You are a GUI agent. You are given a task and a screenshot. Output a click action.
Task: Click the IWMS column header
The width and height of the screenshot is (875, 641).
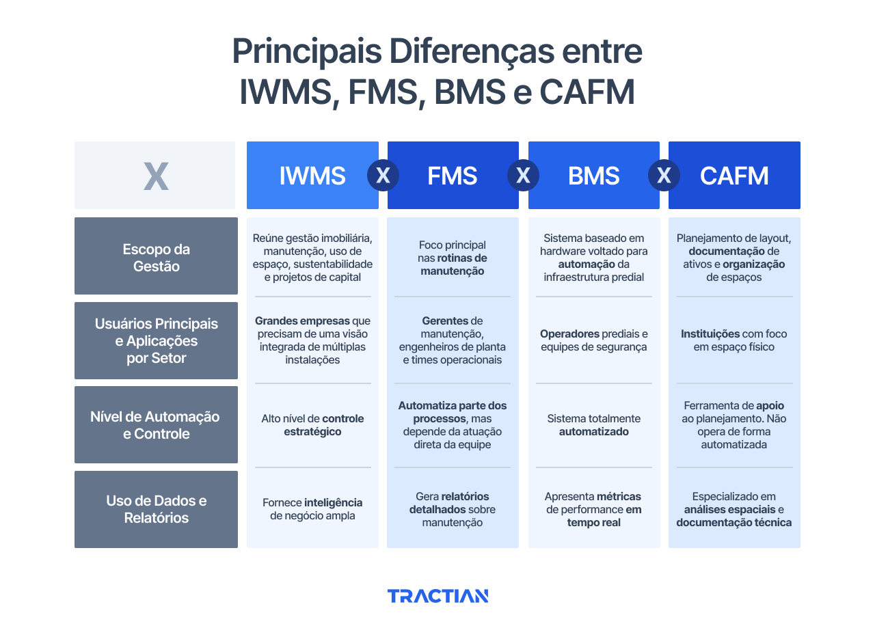coord(312,176)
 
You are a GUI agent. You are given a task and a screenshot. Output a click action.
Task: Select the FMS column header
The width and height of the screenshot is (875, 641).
coord(452,176)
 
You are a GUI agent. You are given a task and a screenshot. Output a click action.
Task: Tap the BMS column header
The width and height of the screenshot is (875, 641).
coord(593,176)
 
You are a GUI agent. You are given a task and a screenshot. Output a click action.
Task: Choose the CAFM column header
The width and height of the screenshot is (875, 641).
coord(734,176)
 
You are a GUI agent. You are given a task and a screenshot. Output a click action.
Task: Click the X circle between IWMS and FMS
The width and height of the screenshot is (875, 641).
coord(383,176)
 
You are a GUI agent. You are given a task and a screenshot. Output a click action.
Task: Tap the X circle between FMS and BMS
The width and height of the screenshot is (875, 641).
coord(523,176)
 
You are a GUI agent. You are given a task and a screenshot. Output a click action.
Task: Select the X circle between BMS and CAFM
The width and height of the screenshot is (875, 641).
coord(664,176)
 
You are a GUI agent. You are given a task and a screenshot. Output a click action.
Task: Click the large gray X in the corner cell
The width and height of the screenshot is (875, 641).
coord(156,176)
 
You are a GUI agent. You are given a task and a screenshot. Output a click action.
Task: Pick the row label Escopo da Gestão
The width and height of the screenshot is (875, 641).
coord(156,258)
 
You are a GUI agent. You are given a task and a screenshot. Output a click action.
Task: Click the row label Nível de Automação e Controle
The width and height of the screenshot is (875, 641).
coord(156,425)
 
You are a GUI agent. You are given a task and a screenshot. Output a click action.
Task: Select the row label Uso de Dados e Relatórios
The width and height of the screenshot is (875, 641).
coord(156,509)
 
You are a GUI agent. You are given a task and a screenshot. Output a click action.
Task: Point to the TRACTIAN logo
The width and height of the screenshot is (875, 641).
coord(437,596)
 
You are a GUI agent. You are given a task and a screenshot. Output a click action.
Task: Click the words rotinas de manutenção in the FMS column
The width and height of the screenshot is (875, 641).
coord(453,264)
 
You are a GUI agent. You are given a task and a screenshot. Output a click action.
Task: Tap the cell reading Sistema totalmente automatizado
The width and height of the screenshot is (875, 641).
coord(593,425)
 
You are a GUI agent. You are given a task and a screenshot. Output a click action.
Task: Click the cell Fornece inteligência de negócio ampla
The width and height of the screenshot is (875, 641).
coord(312,509)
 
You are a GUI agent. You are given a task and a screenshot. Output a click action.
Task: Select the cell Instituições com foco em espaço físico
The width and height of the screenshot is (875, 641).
coord(733,340)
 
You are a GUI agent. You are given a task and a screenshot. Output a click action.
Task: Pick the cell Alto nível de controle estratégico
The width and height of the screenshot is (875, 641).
coord(312,425)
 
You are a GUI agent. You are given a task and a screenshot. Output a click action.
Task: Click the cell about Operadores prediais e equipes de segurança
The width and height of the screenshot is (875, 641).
coord(593,340)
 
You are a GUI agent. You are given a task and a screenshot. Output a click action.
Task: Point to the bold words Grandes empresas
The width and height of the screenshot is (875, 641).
coord(302,320)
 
